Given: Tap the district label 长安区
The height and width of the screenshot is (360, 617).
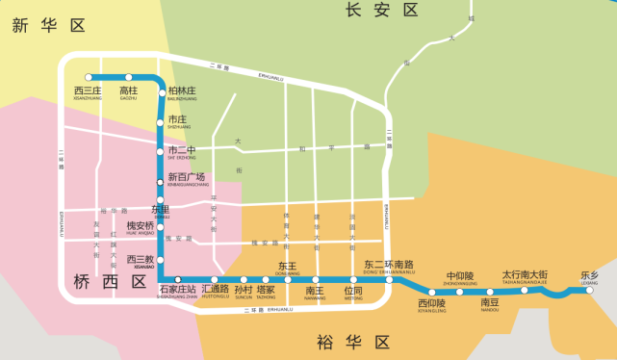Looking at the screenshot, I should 382,11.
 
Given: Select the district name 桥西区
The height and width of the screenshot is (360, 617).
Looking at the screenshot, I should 111,282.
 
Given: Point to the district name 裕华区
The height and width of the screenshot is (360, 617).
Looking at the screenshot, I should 354,342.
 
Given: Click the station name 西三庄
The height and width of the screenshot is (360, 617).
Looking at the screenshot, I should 88,90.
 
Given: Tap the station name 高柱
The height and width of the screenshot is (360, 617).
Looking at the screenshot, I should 129,90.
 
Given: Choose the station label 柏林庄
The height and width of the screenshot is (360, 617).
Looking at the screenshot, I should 182,91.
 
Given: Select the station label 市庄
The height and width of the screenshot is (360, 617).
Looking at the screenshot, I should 179,120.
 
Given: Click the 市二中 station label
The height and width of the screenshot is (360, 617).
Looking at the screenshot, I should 182,150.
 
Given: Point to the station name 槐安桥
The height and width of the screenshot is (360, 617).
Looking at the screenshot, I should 141,226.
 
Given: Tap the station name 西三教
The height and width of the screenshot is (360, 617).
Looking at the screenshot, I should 141,259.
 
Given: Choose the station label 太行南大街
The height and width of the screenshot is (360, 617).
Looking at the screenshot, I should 525,275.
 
